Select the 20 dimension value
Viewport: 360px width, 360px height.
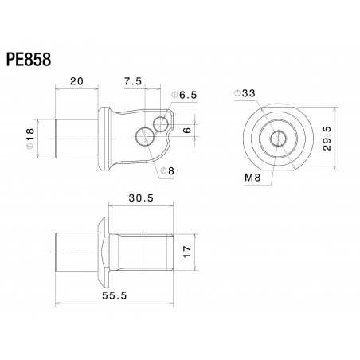[77, 81]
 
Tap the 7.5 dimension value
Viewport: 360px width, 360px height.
[132, 81]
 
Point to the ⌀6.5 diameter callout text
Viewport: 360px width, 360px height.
[182, 95]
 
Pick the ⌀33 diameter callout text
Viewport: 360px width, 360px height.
[245, 93]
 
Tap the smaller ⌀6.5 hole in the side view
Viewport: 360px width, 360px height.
[162, 122]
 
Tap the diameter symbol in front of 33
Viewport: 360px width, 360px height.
[237, 93]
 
